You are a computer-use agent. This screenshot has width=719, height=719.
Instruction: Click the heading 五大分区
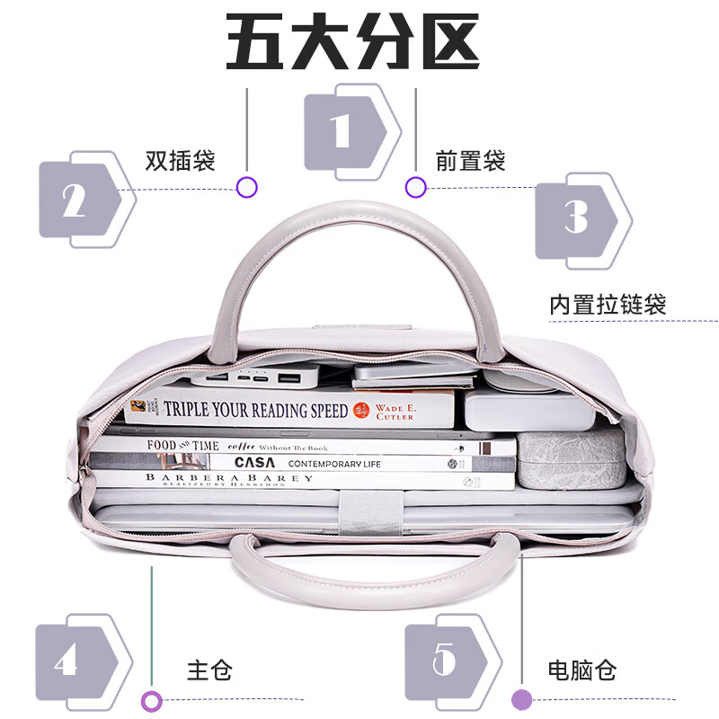point(352,43)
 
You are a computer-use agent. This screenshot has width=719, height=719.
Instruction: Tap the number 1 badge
point(346,131)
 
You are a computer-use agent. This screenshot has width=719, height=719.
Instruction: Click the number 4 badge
point(76,662)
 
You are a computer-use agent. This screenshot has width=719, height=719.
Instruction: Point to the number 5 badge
point(446,662)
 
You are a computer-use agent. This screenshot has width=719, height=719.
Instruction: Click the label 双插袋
point(180,161)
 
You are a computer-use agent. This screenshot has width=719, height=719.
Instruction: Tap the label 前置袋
point(470,161)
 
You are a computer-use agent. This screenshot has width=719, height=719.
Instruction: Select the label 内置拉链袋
point(608,304)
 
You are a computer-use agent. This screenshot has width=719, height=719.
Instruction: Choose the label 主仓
point(209,670)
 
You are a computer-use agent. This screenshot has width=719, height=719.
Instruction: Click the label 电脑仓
point(581,670)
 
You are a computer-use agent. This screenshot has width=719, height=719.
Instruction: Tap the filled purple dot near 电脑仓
point(521,699)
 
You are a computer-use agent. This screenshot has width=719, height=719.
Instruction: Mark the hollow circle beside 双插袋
point(247,187)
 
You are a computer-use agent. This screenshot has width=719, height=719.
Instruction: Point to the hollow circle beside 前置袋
point(415,187)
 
